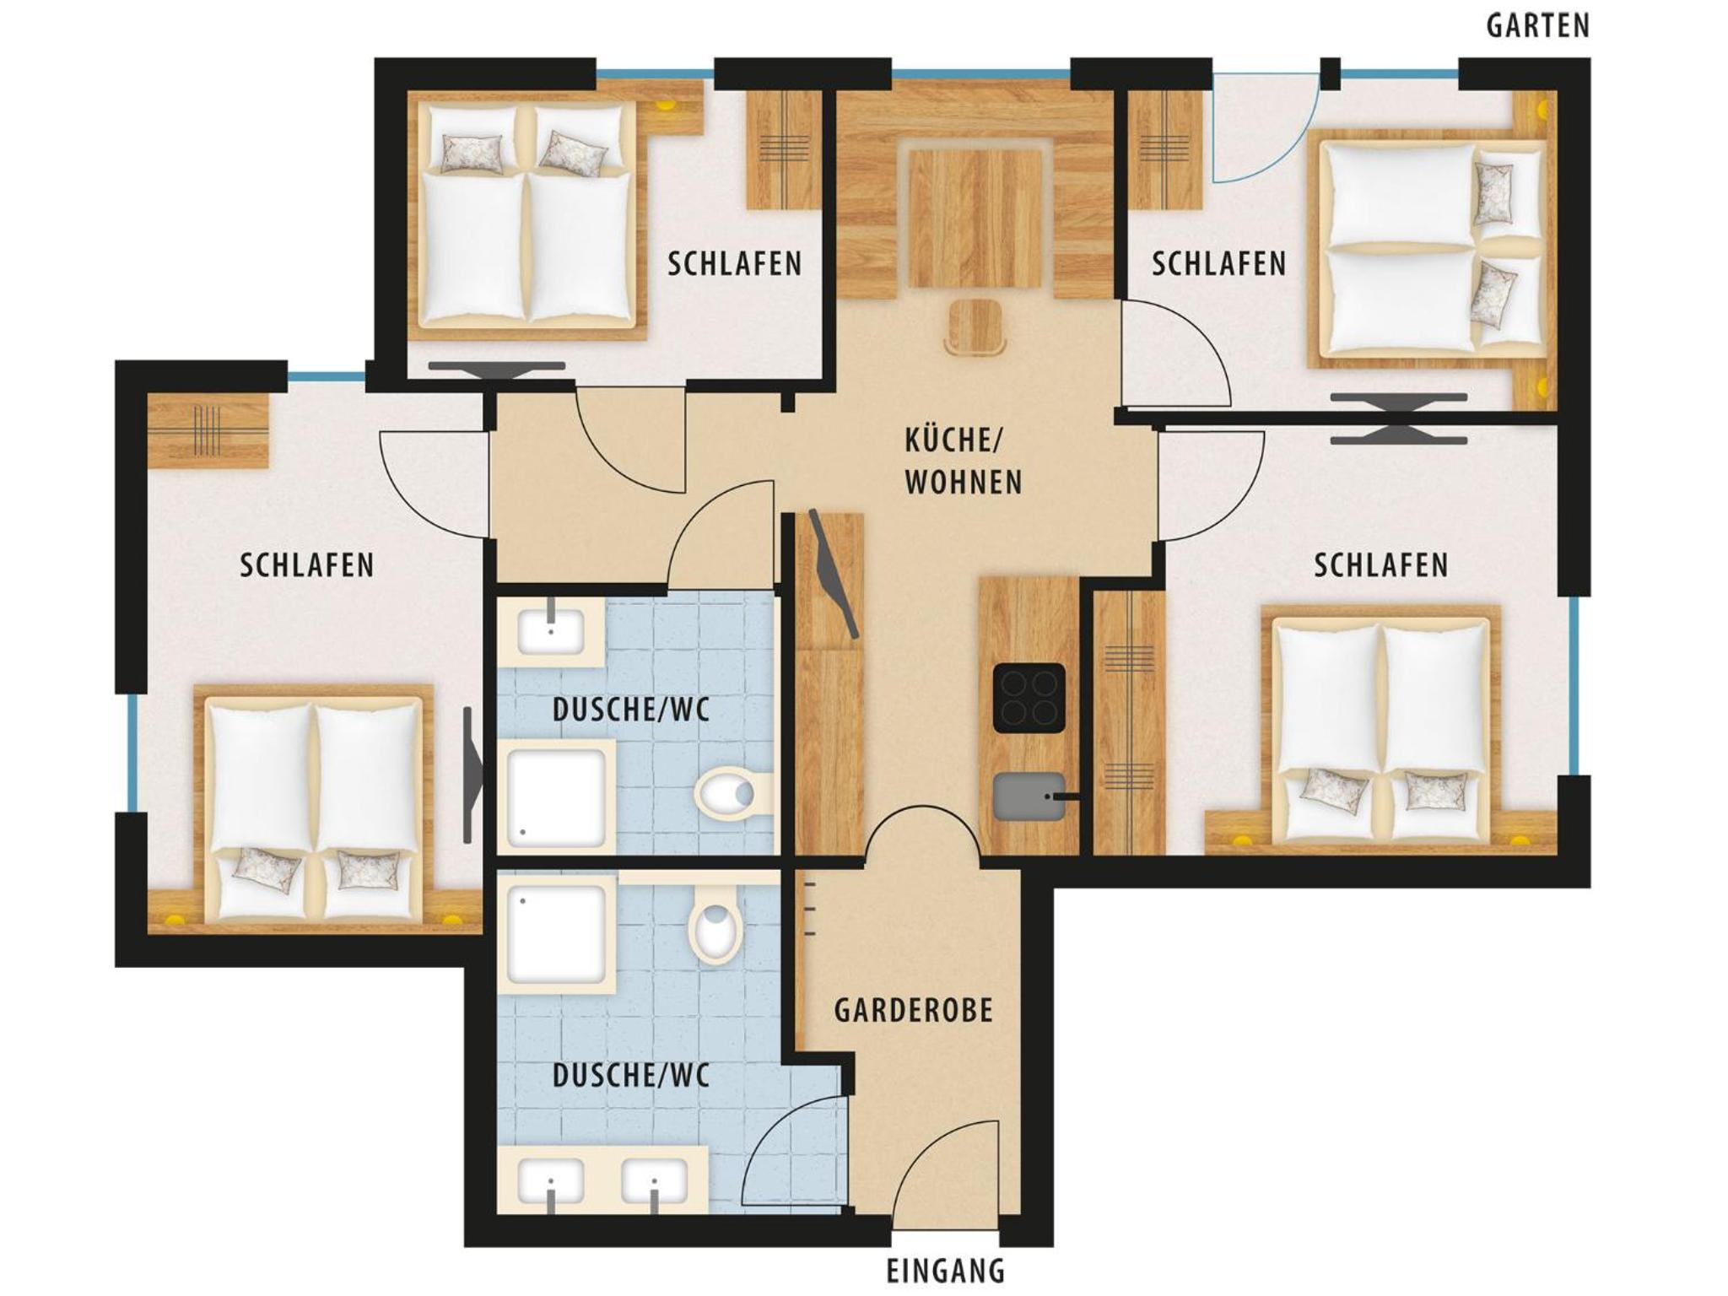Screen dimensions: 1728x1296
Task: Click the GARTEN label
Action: [1537, 26]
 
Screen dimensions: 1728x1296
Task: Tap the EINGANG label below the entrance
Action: [946, 1271]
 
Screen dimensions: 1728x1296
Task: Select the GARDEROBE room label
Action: [913, 1010]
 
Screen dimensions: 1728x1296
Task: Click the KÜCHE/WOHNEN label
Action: [963, 462]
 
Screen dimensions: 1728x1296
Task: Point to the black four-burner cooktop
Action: [1029, 698]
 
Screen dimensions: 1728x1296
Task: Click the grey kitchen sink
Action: [1027, 795]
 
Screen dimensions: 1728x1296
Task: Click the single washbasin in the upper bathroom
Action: [551, 629]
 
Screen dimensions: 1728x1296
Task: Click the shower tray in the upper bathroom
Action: [557, 796]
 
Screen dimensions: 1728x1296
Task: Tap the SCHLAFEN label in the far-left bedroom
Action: [306, 565]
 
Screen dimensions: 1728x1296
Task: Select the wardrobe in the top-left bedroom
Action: [785, 149]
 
